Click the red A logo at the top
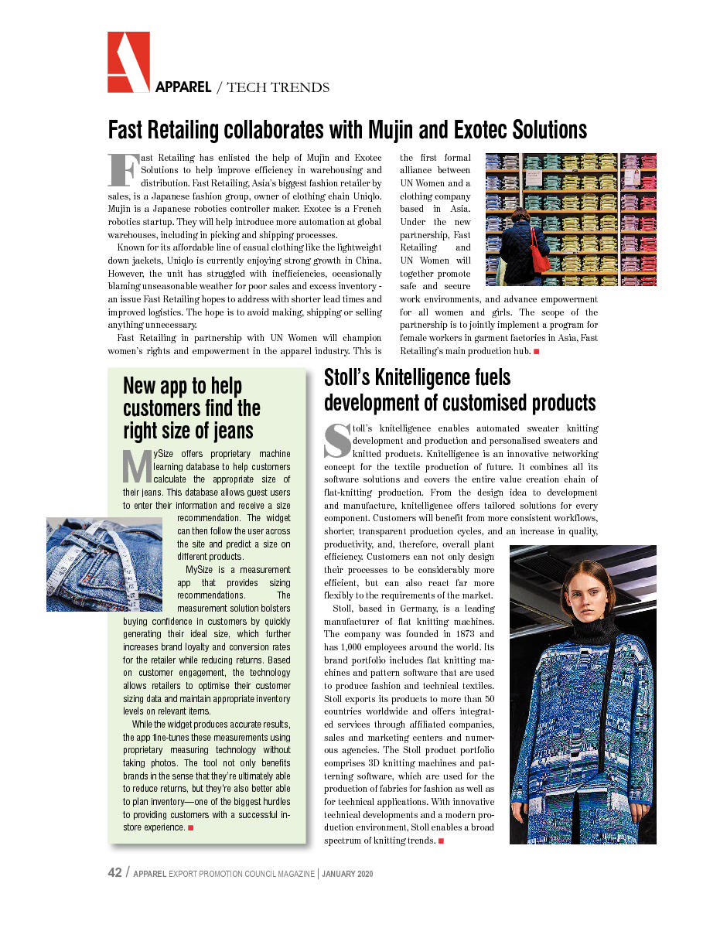click(128, 63)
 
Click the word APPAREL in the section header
click(183, 87)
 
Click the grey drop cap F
click(123, 170)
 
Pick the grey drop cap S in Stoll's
click(336, 439)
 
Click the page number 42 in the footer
click(114, 873)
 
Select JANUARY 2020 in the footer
click(348, 874)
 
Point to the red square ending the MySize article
click(190, 828)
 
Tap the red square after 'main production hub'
click(536, 352)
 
